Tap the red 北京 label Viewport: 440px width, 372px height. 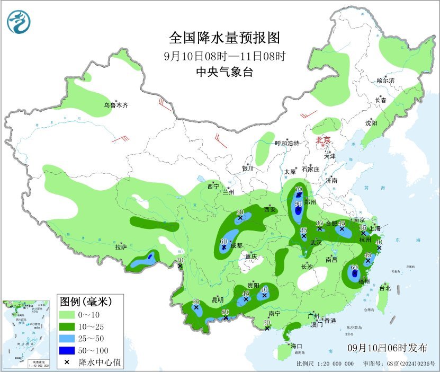323,140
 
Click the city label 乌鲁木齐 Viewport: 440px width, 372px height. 115,105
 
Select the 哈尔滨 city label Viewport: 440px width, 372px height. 385,81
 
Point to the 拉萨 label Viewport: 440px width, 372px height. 121,246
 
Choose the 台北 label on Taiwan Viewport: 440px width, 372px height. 385,288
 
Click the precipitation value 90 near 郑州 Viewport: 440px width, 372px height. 298,204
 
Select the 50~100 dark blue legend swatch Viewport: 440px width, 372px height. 67,350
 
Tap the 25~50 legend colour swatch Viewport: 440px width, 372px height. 67,339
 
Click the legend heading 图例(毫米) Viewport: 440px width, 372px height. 85,303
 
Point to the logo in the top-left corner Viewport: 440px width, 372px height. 19,22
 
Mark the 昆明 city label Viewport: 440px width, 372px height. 218,300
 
